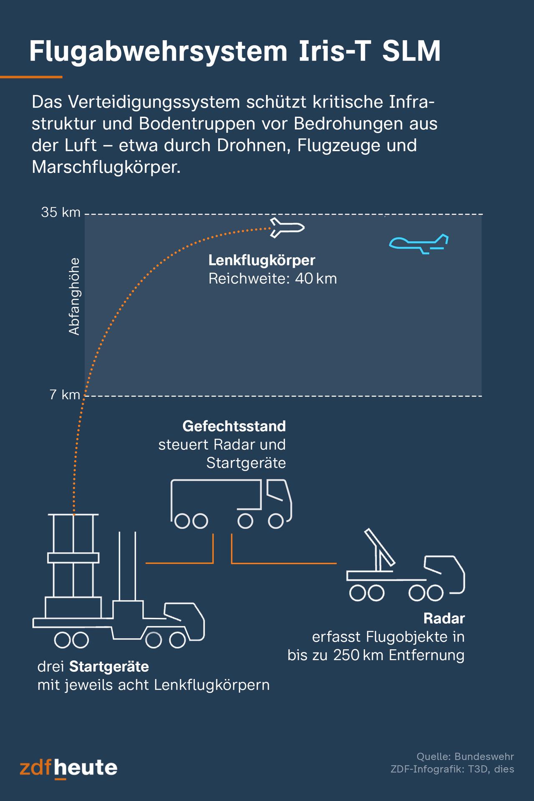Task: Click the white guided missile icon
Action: click(287, 228)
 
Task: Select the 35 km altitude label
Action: click(60, 212)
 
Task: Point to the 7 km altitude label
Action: click(65, 395)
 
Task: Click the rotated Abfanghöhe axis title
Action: click(74, 297)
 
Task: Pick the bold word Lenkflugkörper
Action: click(262, 260)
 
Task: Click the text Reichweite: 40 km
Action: click(272, 279)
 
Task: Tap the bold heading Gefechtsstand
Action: click(234, 426)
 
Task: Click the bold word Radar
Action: click(444, 618)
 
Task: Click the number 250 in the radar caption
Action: click(346, 655)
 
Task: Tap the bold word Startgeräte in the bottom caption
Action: click(109, 667)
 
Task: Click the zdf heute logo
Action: click(68, 768)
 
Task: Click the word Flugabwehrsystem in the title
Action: click(158, 52)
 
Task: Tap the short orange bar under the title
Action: click(31, 77)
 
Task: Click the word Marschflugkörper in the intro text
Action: click(106, 167)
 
